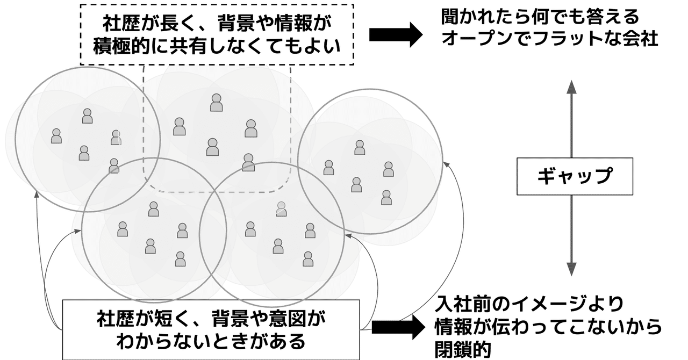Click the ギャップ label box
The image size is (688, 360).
click(x=574, y=176)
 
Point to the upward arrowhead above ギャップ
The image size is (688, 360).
click(x=571, y=86)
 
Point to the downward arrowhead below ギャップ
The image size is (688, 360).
click(x=571, y=269)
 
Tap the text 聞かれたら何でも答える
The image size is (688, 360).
click(x=540, y=17)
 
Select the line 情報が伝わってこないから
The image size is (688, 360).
click(x=548, y=327)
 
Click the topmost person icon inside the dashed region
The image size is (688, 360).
click(x=216, y=103)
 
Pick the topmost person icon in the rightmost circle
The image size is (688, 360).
click(x=360, y=147)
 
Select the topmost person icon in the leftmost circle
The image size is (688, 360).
click(x=88, y=116)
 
